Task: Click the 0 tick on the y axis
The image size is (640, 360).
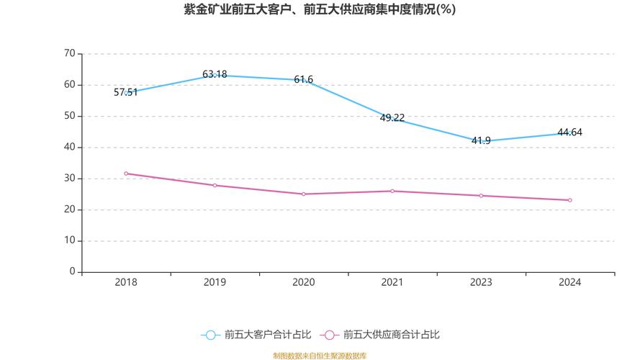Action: [73, 271]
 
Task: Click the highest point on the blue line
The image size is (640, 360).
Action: [215, 74]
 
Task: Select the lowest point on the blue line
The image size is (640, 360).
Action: [481, 141]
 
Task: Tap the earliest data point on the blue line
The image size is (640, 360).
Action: [126, 92]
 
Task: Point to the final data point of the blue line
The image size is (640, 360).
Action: [569, 132]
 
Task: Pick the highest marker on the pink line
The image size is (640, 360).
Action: [126, 174]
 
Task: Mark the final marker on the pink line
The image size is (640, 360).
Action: [569, 200]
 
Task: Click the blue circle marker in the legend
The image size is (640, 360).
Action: [211, 335]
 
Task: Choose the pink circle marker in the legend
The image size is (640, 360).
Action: [330, 335]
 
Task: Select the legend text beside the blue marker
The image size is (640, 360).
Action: [268, 335]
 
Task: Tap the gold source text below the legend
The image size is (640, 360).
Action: [320, 355]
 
